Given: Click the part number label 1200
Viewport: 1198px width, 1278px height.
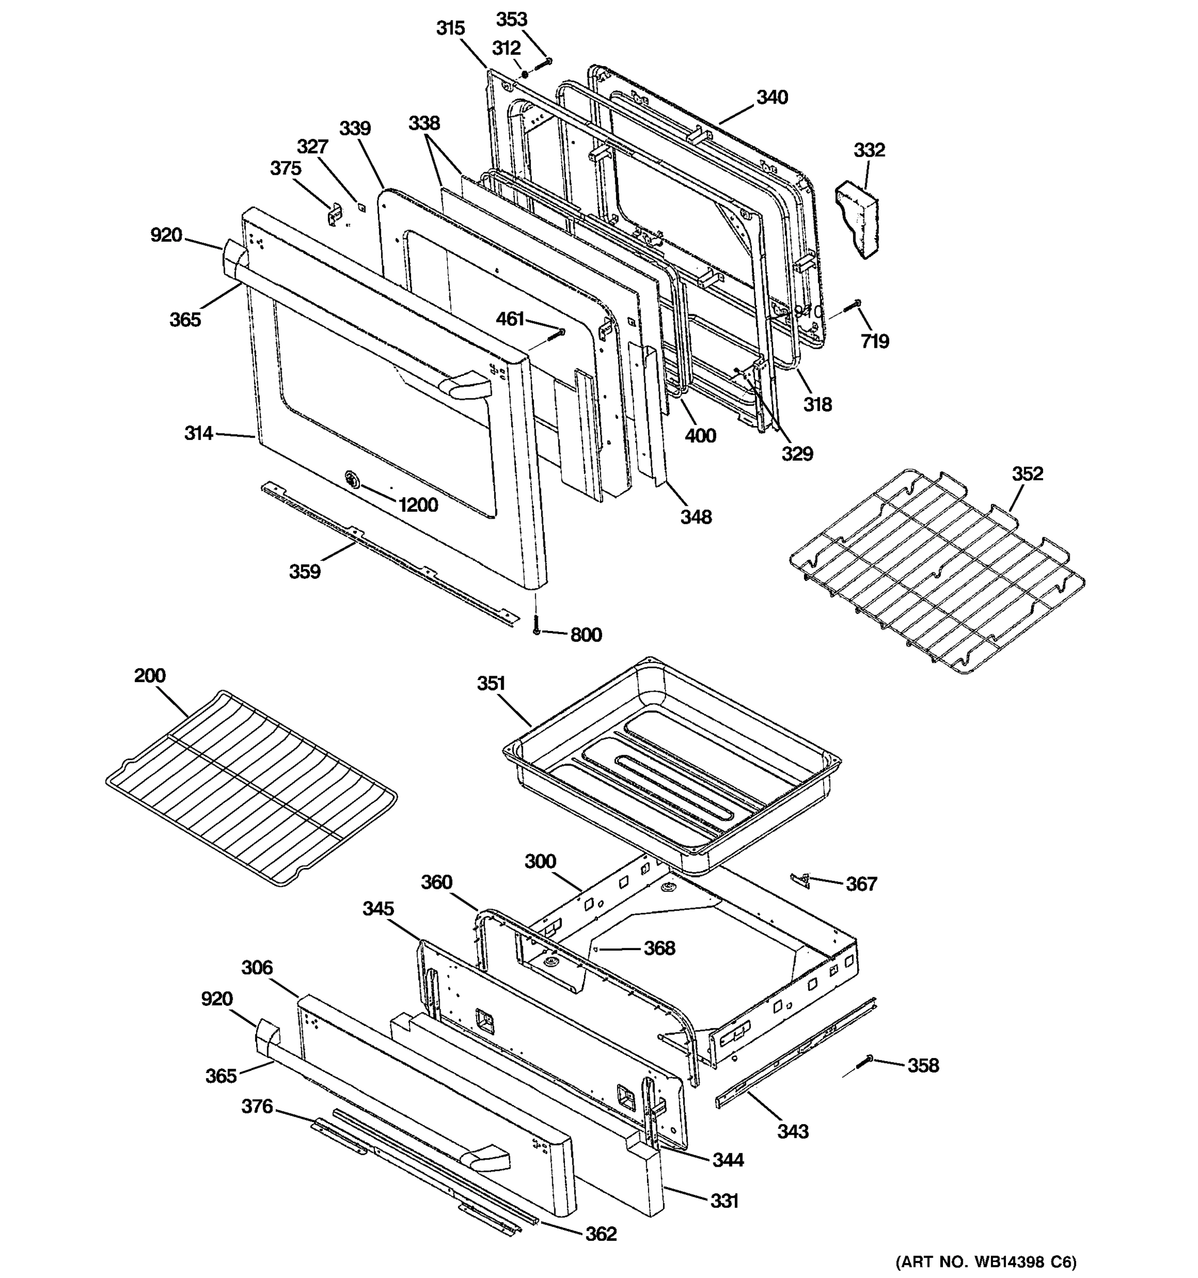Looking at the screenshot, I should point(418,505).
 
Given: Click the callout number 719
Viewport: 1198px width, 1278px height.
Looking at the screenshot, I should point(875,341).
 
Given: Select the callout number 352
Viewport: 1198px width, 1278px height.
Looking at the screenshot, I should point(1027,474).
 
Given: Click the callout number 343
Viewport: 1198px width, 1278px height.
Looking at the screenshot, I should point(792,1131).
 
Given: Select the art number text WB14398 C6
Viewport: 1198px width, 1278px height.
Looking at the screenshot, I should point(986,1261).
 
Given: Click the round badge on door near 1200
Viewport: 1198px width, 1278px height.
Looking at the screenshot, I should point(351,478).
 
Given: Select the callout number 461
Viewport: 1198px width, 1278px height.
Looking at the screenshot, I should point(510,318).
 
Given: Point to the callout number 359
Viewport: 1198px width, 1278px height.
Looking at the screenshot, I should point(305,571).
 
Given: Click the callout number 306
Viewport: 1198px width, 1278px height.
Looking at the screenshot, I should point(257,967).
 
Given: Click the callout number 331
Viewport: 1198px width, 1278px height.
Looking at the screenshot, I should point(724,1200).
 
